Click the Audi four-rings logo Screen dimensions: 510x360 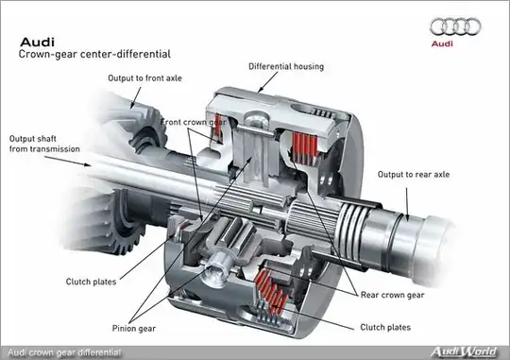pos(455,26)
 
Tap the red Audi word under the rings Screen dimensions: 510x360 pos(442,43)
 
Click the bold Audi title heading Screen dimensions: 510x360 pos(37,42)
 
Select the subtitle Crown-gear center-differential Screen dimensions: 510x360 pos(94,54)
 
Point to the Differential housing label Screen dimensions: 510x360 pos(286,66)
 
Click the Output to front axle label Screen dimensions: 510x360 pos(144,78)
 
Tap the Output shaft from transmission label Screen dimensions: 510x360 pos(44,144)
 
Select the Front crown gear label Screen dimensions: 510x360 pos(194,123)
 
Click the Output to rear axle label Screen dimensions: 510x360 pos(414,175)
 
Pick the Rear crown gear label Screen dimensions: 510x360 pos(393,295)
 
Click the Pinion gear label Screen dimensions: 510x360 pos(134,329)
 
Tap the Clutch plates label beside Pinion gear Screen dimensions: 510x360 pos(91,282)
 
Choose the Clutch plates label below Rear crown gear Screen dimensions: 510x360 pos(385,327)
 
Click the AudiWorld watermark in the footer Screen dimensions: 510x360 pos(464,351)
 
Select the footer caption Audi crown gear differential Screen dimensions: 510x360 pos(64,352)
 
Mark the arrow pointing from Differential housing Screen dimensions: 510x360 pos(267,82)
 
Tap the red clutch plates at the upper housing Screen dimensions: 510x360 pos(305,147)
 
